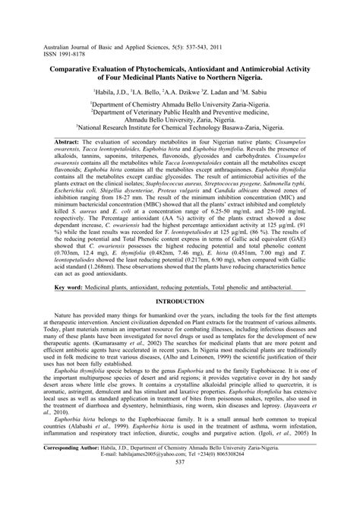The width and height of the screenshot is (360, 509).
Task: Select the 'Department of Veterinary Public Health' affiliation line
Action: click(179, 115)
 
